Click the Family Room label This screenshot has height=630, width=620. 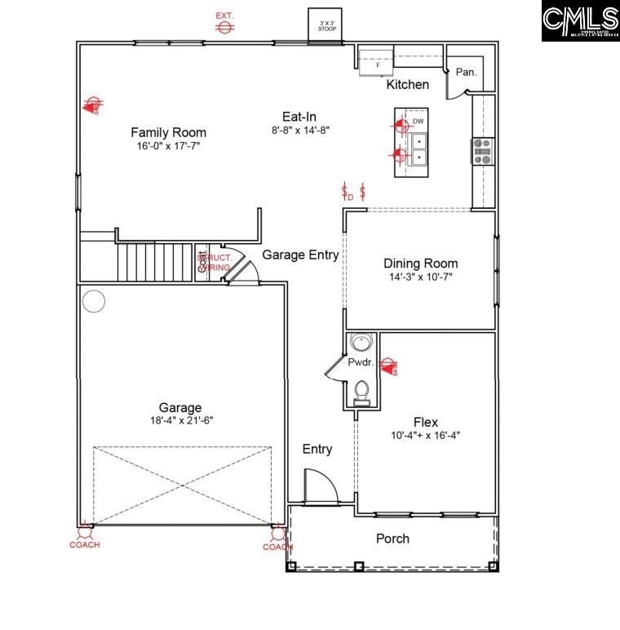point(168,132)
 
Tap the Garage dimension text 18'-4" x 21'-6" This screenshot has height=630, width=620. point(180,420)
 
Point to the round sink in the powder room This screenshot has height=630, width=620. point(360,344)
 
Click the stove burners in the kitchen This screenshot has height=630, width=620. point(482,152)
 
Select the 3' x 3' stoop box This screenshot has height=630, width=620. point(326,24)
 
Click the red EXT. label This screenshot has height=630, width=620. point(224,16)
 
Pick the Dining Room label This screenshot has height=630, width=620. point(420,264)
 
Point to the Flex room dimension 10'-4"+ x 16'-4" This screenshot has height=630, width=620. point(425,435)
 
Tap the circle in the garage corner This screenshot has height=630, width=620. point(94,301)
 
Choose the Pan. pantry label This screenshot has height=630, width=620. point(466,72)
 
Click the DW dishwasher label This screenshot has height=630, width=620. point(418,122)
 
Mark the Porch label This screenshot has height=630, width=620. point(392,539)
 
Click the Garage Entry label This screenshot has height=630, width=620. point(300,255)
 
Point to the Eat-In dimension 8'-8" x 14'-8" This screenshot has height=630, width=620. point(301,129)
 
